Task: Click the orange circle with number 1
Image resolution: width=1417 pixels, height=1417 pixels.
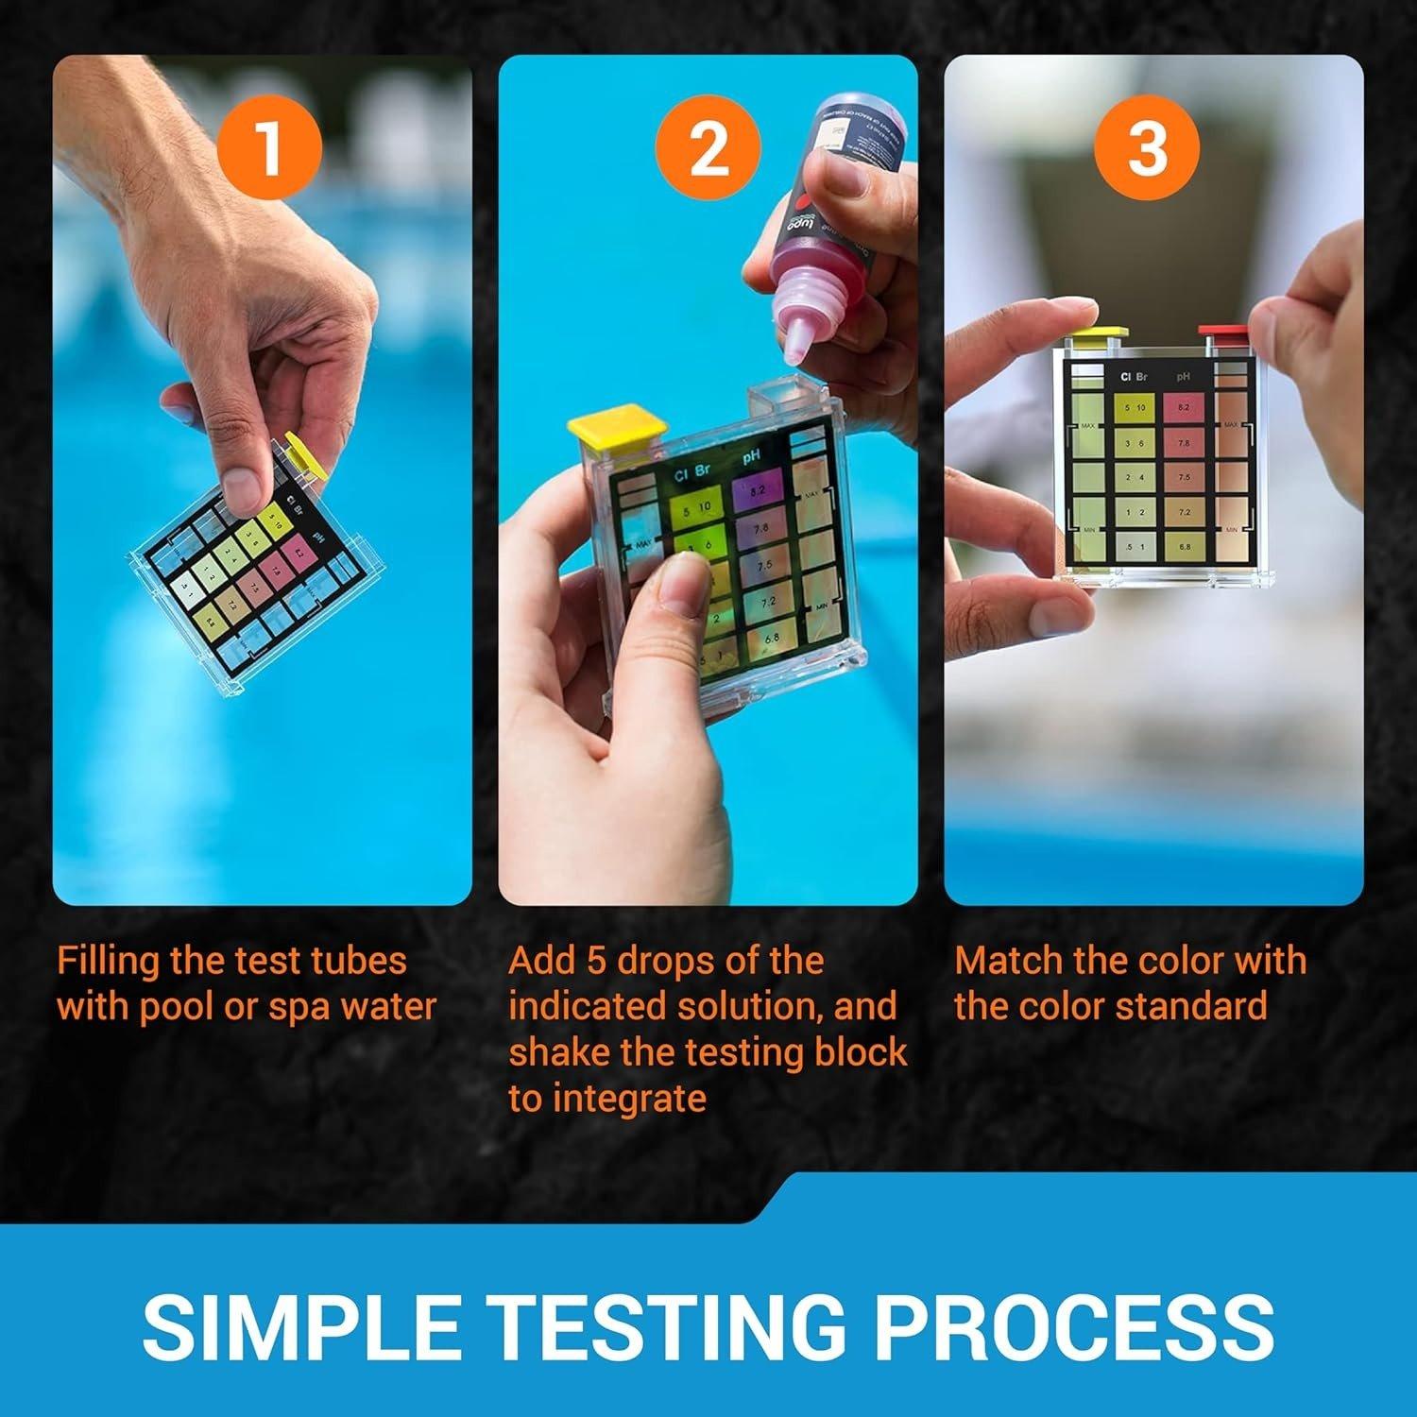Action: (x=269, y=148)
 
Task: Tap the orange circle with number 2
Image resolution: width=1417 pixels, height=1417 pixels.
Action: (x=708, y=148)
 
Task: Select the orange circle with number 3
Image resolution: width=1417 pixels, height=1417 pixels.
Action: (x=1147, y=148)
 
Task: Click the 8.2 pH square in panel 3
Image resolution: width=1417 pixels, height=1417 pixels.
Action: (x=1184, y=408)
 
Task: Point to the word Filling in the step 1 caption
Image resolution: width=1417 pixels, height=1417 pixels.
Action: (x=109, y=962)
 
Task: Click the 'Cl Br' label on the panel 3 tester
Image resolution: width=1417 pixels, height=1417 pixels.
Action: (x=1134, y=376)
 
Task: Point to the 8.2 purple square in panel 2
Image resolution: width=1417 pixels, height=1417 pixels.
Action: (x=757, y=492)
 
